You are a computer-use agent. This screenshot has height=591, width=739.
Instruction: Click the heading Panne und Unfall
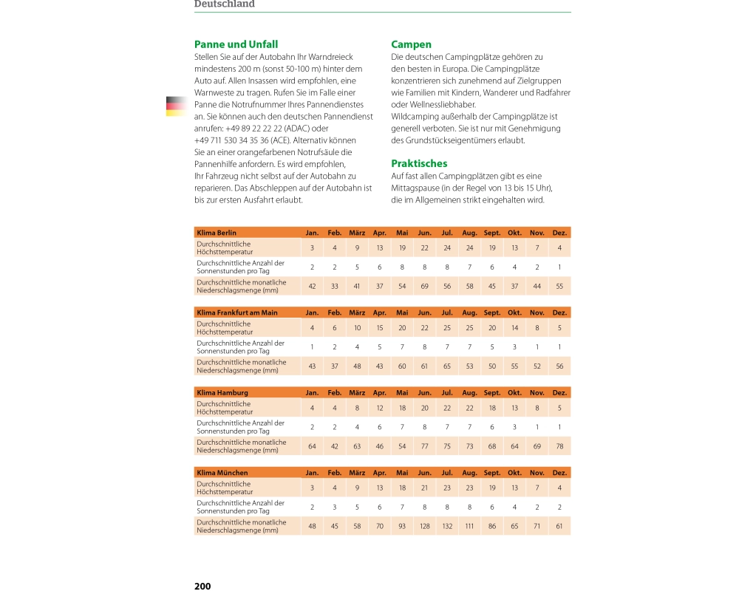[236, 44]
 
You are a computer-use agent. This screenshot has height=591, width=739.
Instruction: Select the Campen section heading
[411, 44]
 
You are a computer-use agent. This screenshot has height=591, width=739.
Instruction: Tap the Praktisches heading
[419, 163]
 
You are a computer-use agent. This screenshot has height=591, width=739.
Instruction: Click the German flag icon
[176, 106]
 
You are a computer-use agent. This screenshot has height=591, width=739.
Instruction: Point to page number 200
[202, 586]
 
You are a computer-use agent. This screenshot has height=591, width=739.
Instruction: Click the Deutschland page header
[224, 4]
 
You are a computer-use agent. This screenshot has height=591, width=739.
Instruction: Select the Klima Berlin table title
[217, 233]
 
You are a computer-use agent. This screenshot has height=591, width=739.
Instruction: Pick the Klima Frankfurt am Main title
[237, 312]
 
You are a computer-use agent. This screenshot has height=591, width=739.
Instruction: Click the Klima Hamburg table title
[222, 393]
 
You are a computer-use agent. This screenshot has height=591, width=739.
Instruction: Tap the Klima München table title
[222, 473]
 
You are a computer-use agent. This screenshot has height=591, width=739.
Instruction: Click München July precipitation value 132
[447, 526]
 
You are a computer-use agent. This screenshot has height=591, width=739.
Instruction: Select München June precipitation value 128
[424, 526]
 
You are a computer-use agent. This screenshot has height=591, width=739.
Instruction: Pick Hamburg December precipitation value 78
[559, 446]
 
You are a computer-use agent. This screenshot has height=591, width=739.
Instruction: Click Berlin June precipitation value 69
[424, 286]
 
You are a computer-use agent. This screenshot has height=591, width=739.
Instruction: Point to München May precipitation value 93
[402, 526]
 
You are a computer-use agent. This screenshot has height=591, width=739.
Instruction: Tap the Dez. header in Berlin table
[559, 233]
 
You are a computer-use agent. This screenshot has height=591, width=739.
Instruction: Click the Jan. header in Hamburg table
[313, 393]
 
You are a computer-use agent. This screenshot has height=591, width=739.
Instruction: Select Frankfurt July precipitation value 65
[447, 366]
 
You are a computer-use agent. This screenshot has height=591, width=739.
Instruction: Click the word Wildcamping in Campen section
[415, 117]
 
